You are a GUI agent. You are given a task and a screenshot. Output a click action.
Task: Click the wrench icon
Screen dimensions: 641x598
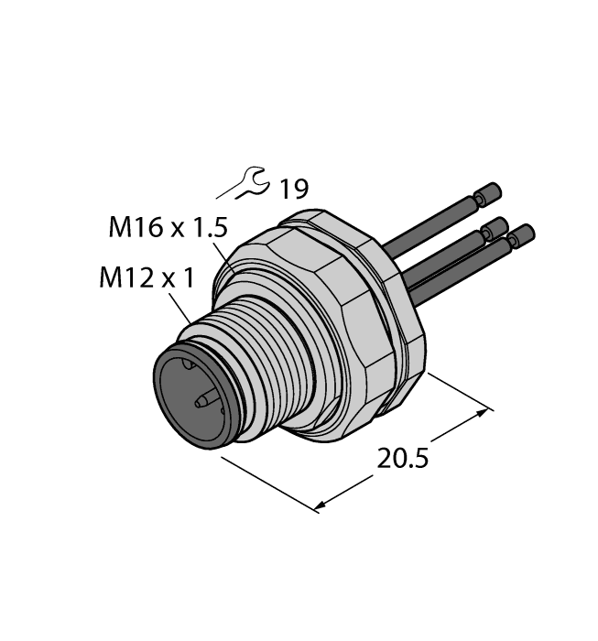pos(253,184)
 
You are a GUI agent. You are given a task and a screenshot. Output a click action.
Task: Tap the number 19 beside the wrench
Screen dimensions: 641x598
pos(293,190)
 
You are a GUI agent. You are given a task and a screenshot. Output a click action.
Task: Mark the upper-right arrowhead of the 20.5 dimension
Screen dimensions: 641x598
pos(485,414)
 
